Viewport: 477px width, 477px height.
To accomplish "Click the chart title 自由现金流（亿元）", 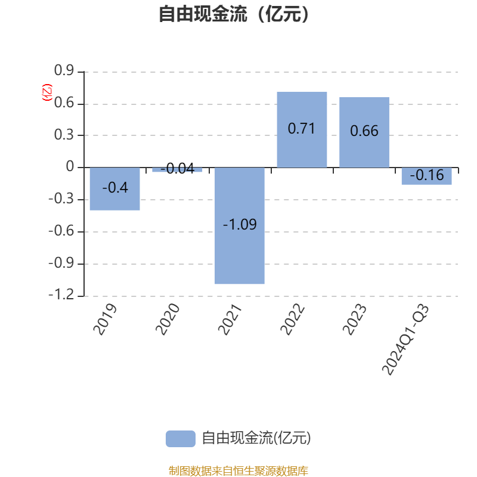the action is tap(234, 14).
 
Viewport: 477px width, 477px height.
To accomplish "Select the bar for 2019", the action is tap(114, 188).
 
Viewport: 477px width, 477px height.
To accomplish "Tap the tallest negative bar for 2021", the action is tap(240, 225).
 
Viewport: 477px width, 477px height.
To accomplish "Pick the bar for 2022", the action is tap(302, 129).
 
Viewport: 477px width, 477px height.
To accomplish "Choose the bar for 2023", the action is tap(364, 132).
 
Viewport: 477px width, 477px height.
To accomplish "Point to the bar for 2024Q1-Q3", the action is tap(426, 176).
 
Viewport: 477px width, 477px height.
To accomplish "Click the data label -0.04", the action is tap(177, 169).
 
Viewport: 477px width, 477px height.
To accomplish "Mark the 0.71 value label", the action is tap(302, 128).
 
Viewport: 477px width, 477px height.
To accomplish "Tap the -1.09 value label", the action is tap(240, 225).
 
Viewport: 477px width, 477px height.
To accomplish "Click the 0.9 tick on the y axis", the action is tap(64, 70).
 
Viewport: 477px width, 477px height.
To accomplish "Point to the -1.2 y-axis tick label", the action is tap(61, 295).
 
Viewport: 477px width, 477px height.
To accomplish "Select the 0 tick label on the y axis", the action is tap(70, 166).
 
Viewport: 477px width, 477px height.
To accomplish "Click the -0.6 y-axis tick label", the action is tap(61, 231).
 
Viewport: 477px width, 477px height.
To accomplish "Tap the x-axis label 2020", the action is tap(168, 319).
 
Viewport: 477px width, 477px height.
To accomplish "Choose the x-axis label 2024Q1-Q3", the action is tap(405, 339).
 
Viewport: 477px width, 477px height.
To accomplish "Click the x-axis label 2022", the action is tap(292, 319).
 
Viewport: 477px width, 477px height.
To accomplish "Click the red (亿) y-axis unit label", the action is tap(47, 92).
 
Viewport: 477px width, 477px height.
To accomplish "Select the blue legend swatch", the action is tap(181, 439).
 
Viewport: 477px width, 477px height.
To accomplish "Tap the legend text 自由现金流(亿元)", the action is tap(256, 438).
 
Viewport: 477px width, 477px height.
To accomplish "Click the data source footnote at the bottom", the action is tap(238, 470).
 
